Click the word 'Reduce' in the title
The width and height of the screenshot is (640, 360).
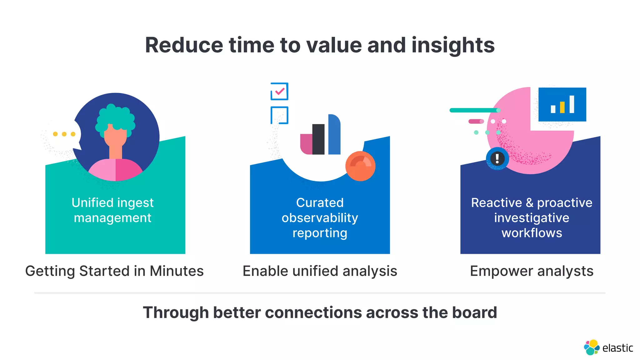(x=184, y=45)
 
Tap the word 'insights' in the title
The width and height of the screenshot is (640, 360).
(x=453, y=45)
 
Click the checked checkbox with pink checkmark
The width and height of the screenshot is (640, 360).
(x=279, y=91)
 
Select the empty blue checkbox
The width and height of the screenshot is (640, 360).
(x=279, y=115)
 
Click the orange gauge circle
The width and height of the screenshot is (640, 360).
(x=360, y=166)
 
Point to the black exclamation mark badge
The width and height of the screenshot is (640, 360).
(x=497, y=158)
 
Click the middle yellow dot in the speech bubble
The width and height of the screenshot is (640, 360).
(x=64, y=134)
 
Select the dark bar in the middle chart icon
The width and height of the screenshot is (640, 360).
(x=318, y=139)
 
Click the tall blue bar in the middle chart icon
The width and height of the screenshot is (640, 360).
(x=334, y=134)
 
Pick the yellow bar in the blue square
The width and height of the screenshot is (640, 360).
(x=562, y=107)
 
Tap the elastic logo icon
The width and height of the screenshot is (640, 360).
(x=591, y=347)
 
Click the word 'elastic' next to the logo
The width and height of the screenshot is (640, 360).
(x=617, y=348)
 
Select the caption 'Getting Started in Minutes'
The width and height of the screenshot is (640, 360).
(x=114, y=271)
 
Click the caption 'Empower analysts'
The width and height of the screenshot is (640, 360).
(x=532, y=271)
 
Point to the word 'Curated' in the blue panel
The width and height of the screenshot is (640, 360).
(x=320, y=203)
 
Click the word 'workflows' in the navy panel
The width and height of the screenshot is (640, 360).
(x=532, y=233)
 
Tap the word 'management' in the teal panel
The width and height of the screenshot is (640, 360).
(x=112, y=218)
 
